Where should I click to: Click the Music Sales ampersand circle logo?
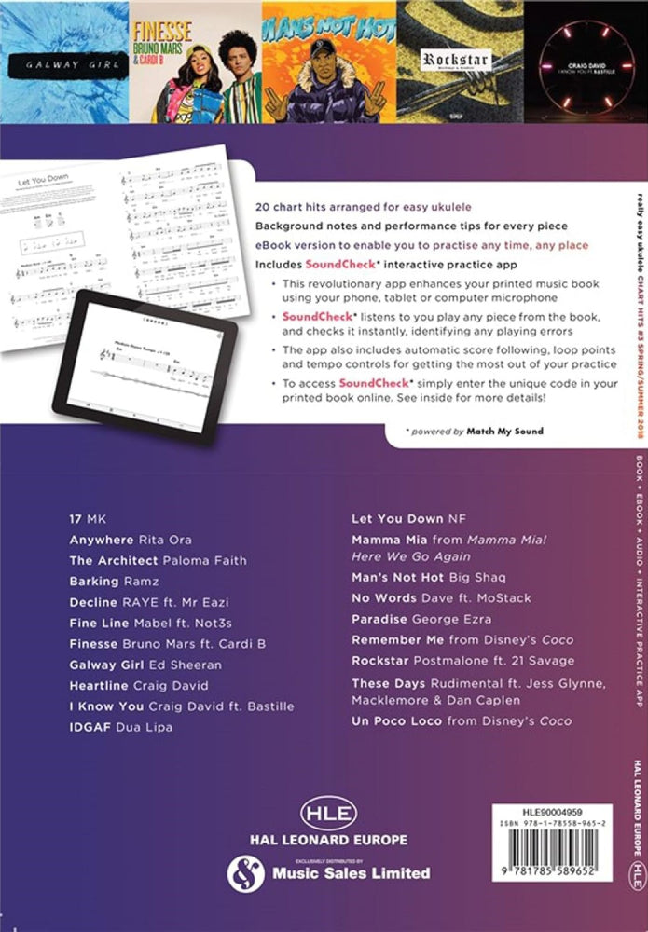click(243, 872)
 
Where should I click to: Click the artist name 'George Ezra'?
click(460, 620)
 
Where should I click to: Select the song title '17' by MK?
click(76, 518)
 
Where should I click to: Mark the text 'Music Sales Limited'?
click(351, 873)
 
